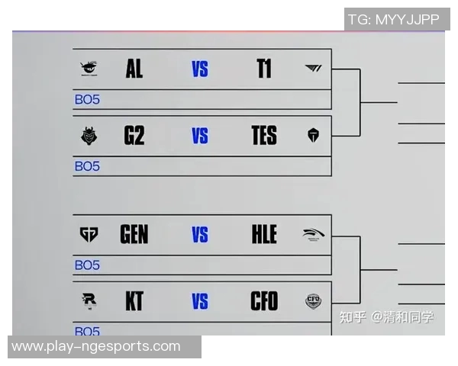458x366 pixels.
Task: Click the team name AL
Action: pyautogui.click(x=134, y=69)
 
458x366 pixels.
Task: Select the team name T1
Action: pyautogui.click(x=264, y=69)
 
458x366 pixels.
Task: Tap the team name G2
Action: pyautogui.click(x=134, y=136)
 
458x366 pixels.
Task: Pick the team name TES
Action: pyautogui.click(x=264, y=136)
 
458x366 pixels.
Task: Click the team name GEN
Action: pyautogui.click(x=134, y=234)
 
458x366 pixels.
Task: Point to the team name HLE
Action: pyautogui.click(x=264, y=234)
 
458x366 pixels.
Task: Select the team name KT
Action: pyautogui.click(x=134, y=301)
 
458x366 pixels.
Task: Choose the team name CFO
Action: pyautogui.click(x=264, y=301)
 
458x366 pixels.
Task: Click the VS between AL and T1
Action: pyautogui.click(x=200, y=70)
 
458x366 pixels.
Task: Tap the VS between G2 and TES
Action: pyautogui.click(x=200, y=136)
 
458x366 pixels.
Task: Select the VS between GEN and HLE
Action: pyautogui.click(x=200, y=235)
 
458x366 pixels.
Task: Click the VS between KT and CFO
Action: pyautogui.click(x=200, y=302)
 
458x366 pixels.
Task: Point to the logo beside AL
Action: pyautogui.click(x=89, y=69)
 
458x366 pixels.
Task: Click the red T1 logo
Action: pyautogui.click(x=313, y=69)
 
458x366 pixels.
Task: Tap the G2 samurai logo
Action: pyautogui.click(x=89, y=136)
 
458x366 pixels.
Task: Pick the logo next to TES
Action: pyautogui.click(x=313, y=136)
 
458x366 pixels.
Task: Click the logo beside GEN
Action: pyautogui.click(x=89, y=234)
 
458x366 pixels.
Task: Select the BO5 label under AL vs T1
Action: pyautogui.click(x=87, y=99)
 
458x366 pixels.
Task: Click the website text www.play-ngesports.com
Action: pyautogui.click(x=96, y=347)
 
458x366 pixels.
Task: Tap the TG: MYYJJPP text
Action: pyautogui.click(x=393, y=19)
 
